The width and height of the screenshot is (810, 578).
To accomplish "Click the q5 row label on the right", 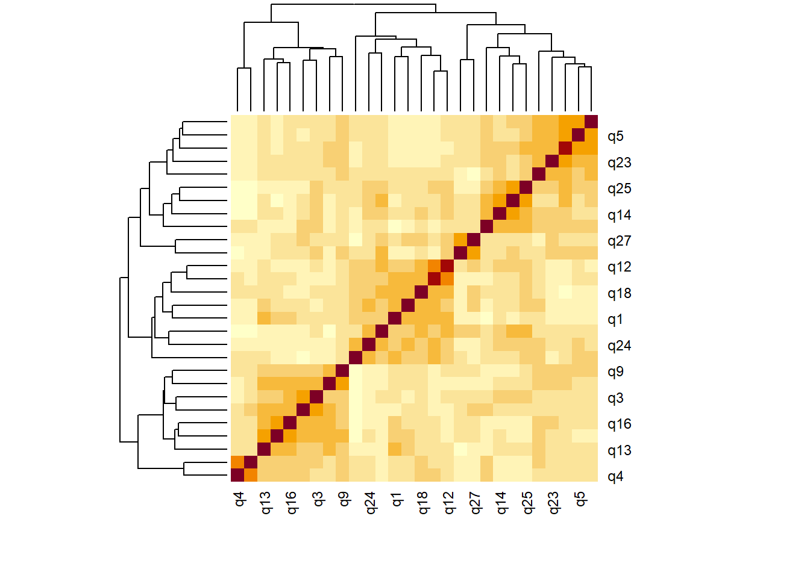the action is coord(615,137).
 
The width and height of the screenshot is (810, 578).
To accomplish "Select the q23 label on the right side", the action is coord(620,163).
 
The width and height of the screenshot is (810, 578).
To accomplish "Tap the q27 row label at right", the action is coord(620,241).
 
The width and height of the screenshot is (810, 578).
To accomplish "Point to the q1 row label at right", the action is coord(615,320).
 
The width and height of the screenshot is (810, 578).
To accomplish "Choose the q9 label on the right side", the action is coord(615,372).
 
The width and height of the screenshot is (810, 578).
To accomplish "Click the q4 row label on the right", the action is coord(615,477).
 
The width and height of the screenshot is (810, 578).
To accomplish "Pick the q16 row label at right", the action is coord(620,424).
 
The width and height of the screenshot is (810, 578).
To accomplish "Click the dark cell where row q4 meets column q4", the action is coord(237,476).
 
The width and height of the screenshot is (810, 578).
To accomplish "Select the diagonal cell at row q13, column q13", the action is coord(263,449).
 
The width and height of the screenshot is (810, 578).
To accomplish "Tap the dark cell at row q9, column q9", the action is coord(342,371).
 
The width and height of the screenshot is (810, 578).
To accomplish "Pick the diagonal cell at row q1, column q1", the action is coord(395,319).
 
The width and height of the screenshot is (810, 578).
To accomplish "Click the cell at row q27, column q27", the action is coord(474,240).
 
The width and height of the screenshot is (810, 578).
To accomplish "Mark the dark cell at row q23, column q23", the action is coord(552,161).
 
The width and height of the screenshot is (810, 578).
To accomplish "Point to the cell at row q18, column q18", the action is coord(421,292).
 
